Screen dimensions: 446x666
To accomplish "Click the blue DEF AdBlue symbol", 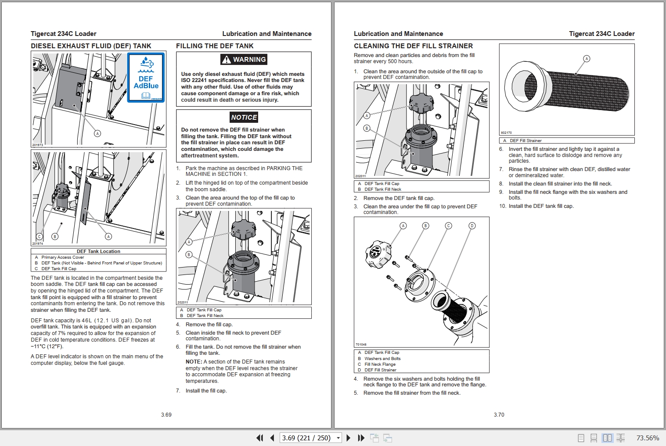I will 146,78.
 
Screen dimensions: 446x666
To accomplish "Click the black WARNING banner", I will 244,60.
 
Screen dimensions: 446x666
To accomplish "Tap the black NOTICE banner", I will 244,117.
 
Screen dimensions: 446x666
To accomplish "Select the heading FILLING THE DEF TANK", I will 215,46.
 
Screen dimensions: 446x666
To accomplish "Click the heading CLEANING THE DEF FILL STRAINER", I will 413,46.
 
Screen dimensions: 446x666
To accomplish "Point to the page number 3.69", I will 166,414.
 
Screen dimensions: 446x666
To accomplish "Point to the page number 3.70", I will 499,414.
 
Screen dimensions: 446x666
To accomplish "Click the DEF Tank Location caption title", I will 98,251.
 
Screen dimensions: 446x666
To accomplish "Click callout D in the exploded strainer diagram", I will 472,226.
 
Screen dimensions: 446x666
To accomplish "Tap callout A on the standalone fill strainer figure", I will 587,59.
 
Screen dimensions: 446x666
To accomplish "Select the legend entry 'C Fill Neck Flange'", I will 380,364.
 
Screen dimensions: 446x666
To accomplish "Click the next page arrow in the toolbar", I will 348,438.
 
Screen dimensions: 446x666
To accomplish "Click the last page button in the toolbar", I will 361,438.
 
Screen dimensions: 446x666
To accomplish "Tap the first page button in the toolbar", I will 259,438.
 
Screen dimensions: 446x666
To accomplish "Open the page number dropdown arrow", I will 338,438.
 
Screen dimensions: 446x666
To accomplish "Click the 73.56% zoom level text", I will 648,438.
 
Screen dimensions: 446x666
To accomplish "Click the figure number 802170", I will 506,132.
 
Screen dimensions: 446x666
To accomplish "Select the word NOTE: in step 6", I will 194,362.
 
